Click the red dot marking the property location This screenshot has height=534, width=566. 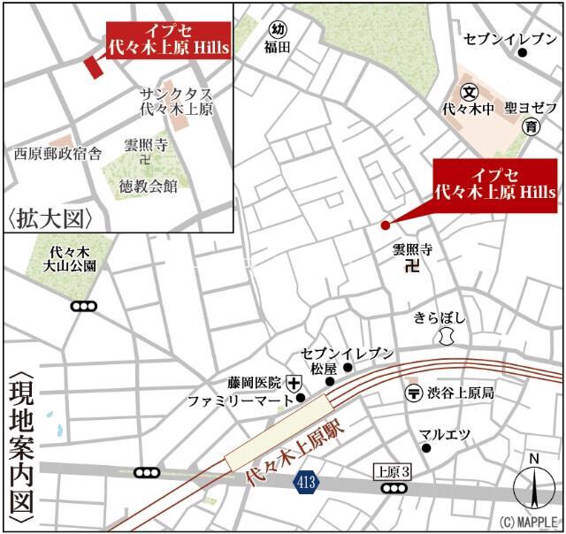click(x=385, y=225)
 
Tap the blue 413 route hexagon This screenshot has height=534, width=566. click(x=304, y=482)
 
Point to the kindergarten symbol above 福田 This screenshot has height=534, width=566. click(x=279, y=29)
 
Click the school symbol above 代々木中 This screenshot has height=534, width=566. click(x=470, y=91)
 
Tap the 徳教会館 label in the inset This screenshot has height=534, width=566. click(x=148, y=185)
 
